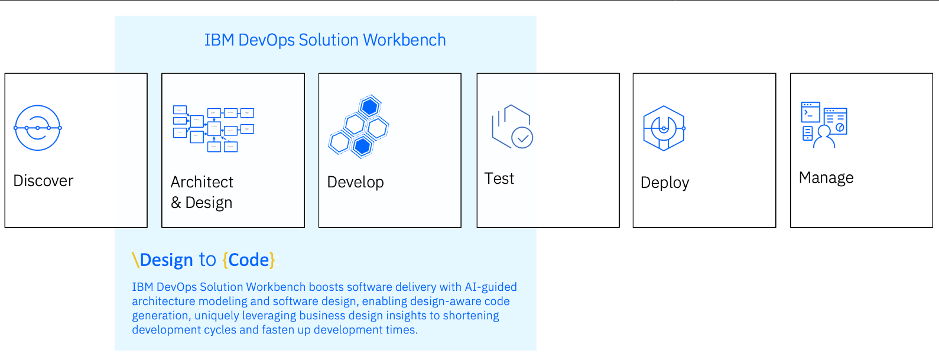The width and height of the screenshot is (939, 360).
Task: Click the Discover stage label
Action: [x=43, y=181]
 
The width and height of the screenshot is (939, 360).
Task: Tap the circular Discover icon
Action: [x=38, y=128]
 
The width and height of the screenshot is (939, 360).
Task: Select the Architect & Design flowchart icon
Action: [x=213, y=129]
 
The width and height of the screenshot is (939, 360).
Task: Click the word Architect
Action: [x=202, y=182]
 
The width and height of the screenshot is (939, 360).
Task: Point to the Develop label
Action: [x=356, y=182]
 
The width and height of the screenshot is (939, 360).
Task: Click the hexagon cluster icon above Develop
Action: [x=359, y=127]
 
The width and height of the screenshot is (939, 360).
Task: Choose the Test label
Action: [x=499, y=179]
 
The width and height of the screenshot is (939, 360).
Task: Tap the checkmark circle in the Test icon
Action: [x=522, y=138]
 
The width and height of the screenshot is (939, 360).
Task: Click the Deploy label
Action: [x=665, y=183]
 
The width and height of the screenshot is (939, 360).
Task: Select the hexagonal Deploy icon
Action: [x=664, y=128]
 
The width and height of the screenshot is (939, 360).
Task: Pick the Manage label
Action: [x=826, y=178]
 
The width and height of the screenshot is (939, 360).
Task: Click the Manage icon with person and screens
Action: [x=824, y=125]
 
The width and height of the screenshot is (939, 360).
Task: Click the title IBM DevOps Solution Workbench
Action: [x=325, y=40]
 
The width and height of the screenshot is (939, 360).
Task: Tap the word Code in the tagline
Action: [x=249, y=260]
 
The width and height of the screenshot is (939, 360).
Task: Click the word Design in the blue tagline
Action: [x=167, y=260]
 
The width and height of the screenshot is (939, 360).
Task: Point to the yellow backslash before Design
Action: [x=135, y=260]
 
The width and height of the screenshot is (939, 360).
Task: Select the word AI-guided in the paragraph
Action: [x=490, y=287]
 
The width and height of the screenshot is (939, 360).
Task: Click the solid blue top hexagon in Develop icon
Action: [x=370, y=107]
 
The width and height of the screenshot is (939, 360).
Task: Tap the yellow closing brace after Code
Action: [x=272, y=260]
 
